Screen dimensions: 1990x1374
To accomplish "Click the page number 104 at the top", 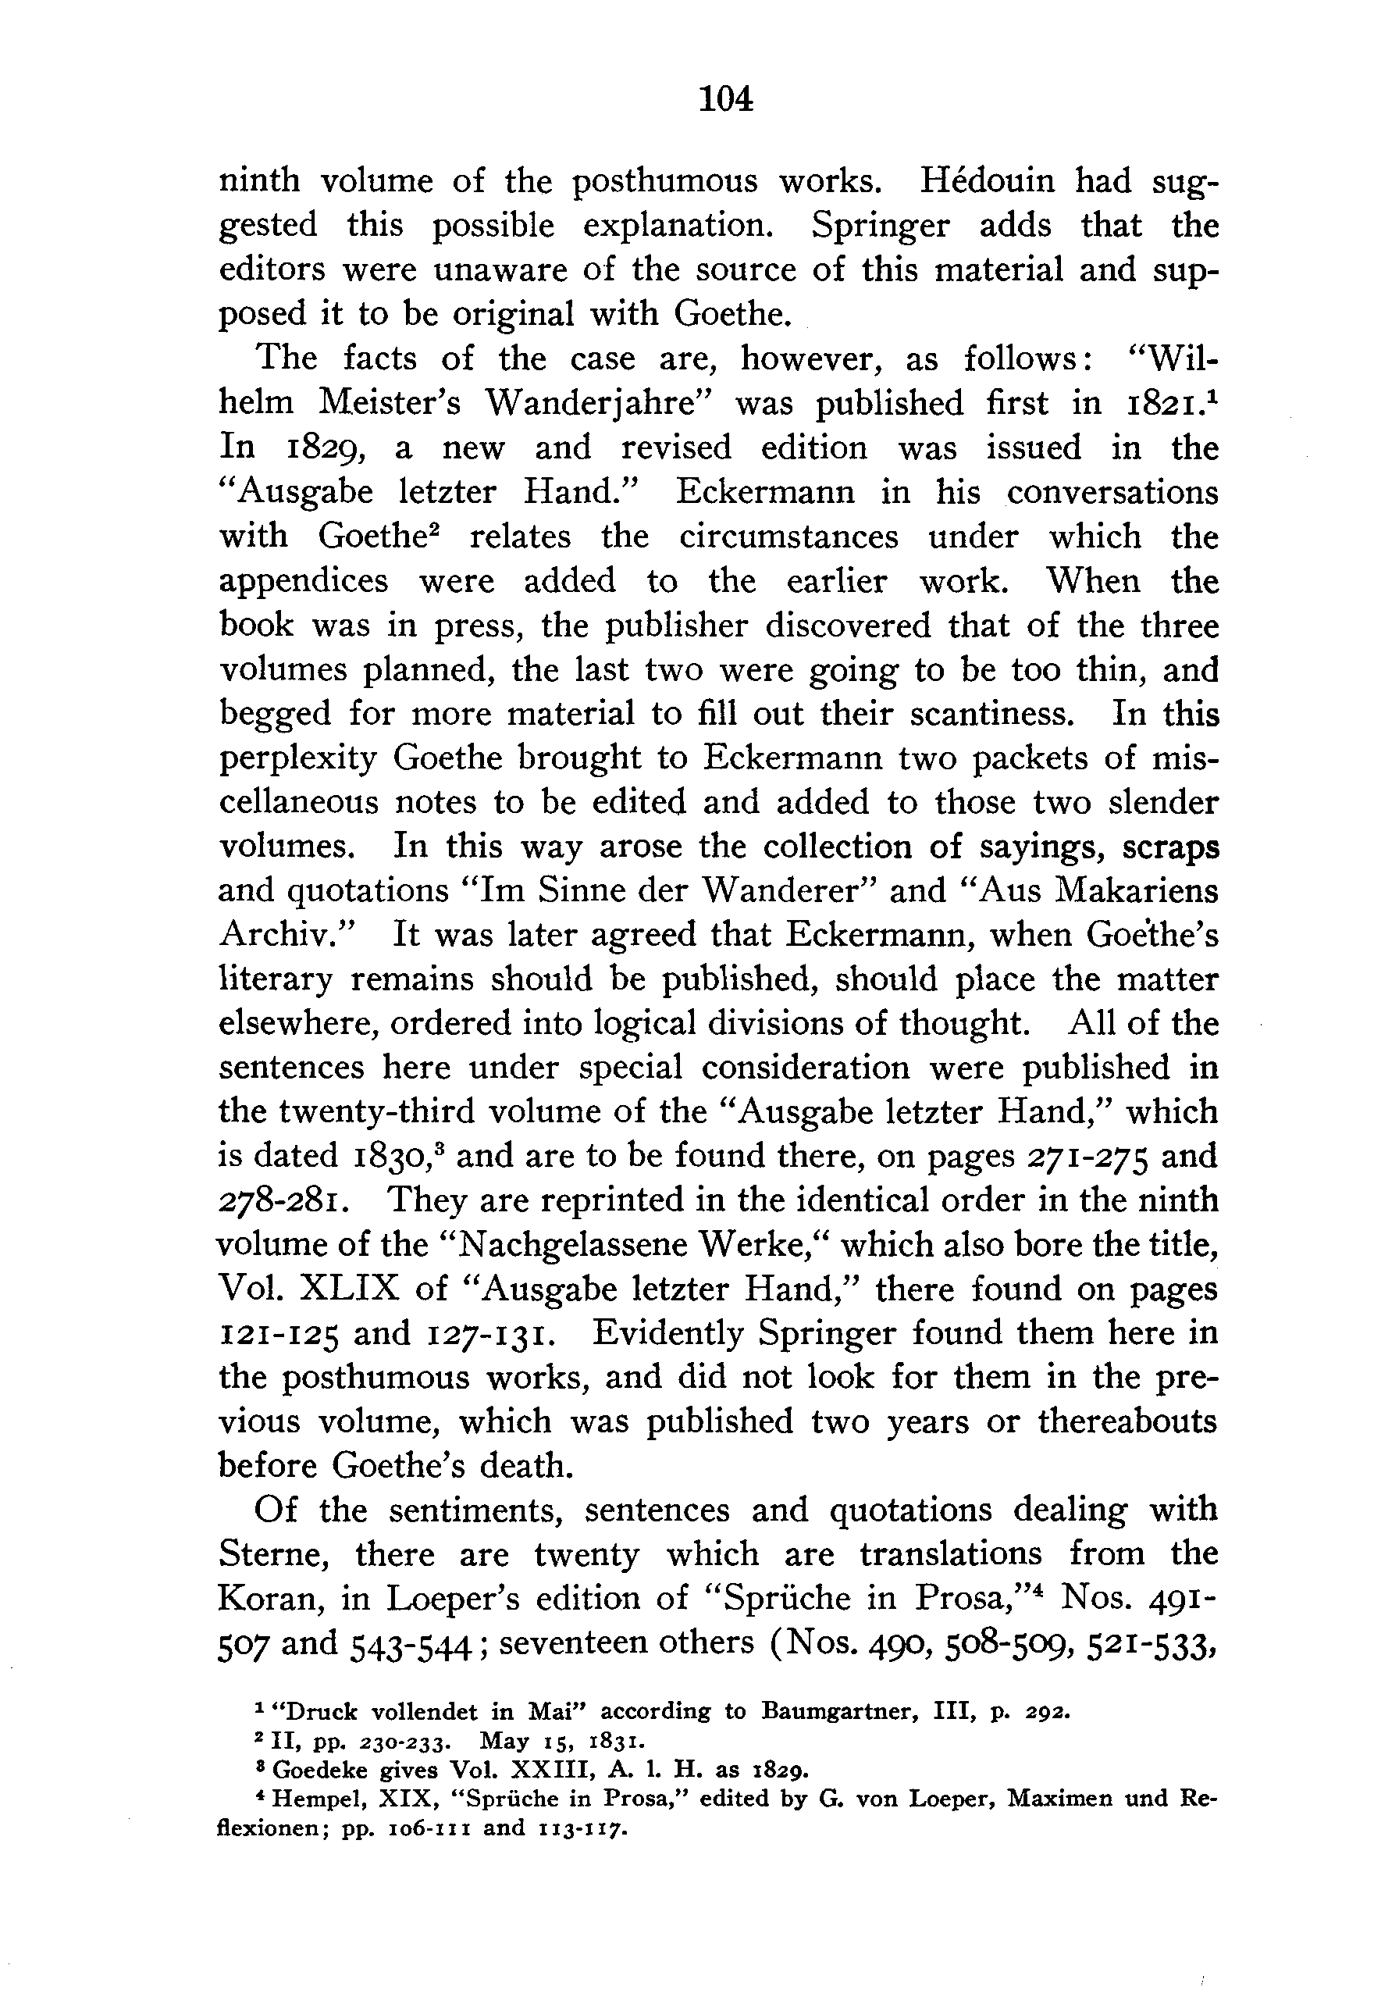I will click(x=727, y=100).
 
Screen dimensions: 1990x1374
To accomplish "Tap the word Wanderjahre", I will click(x=594, y=404).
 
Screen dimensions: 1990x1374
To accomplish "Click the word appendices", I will click(x=304, y=582).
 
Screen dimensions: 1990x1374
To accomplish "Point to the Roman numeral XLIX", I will click(x=349, y=1290).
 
